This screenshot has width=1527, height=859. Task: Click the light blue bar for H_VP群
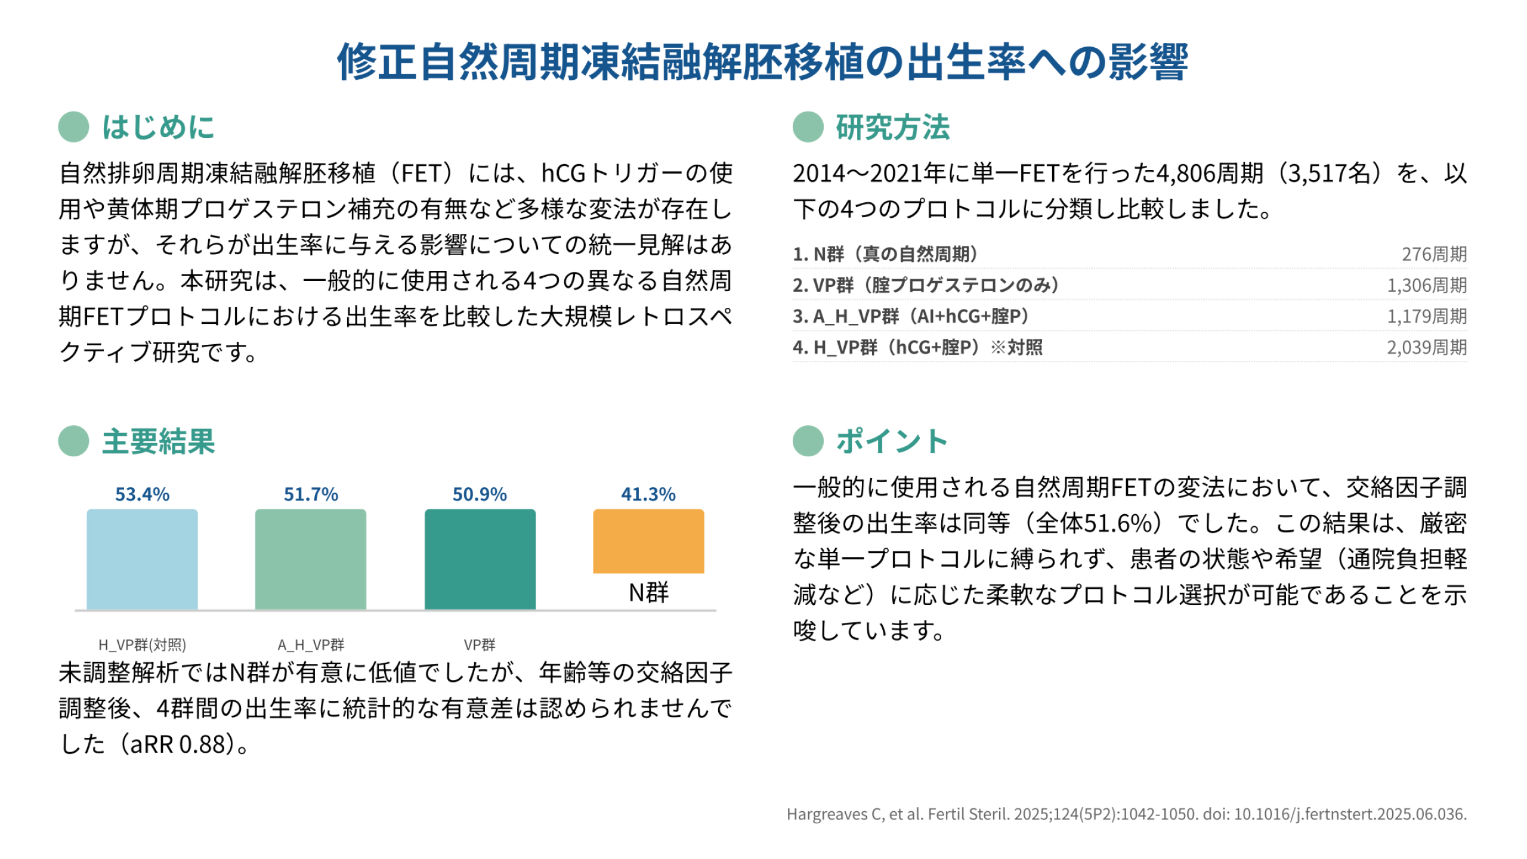coord(142,559)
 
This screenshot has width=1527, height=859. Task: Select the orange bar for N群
coord(648,541)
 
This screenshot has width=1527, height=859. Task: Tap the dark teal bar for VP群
coord(480,559)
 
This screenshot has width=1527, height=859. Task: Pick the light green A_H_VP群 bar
coord(311,559)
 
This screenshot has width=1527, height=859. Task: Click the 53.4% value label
coord(142,495)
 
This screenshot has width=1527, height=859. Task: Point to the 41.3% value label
coord(648,495)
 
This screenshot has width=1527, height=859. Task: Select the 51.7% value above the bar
coord(311,495)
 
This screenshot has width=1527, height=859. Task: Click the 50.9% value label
coord(480,495)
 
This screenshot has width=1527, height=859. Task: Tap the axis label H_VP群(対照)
coord(142,645)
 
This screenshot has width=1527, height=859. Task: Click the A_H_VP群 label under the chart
coord(311,645)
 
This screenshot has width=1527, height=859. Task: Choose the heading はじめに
coord(158,127)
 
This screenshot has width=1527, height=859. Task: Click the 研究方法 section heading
coord(892,127)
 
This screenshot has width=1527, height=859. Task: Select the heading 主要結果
coord(158,441)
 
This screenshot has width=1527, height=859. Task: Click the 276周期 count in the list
coord(1434,254)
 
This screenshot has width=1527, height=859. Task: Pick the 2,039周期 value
coord(1427,347)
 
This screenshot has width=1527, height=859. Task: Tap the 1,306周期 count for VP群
coord(1427,285)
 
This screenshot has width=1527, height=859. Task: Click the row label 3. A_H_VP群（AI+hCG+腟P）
coord(911,316)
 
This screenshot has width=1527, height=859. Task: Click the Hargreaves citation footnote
coord(1126,814)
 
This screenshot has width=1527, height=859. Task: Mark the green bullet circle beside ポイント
coord(808,441)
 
